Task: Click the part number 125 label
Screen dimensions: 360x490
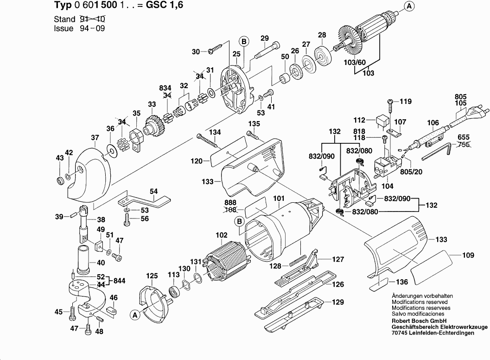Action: pyautogui.click(x=152, y=276)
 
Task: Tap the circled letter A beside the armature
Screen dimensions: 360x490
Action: pyautogui.click(x=408, y=6)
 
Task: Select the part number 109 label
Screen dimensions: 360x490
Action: pyautogui.click(x=469, y=255)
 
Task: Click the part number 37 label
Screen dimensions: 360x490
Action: pyautogui.click(x=95, y=137)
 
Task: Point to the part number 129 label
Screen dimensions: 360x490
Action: pyautogui.click(x=337, y=302)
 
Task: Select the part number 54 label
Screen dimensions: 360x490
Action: pyautogui.click(x=153, y=191)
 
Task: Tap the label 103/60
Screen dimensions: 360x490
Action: pyautogui.click(x=355, y=63)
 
